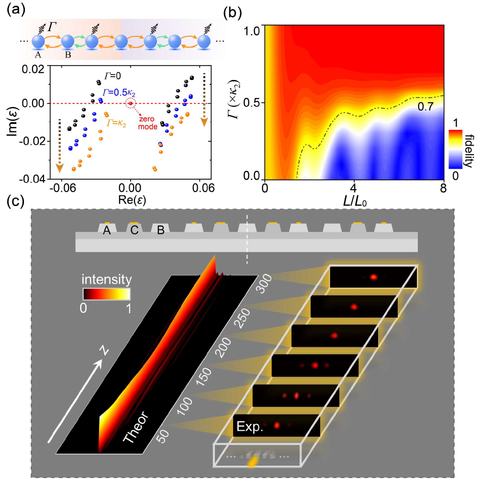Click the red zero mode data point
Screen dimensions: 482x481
pos(130,103)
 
